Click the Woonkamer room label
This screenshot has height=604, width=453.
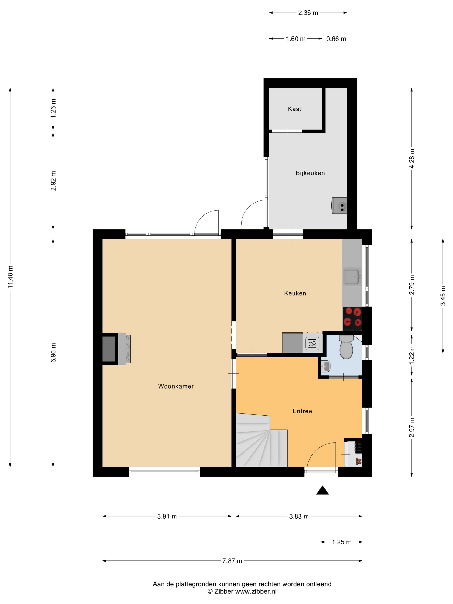coord(176,386)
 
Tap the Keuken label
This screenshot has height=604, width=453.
coord(295,293)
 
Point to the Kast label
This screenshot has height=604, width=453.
coord(294,109)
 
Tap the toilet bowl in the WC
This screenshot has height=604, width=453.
coord(346,347)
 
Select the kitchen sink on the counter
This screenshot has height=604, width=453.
coord(352,277)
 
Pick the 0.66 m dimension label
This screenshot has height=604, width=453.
coord(336,39)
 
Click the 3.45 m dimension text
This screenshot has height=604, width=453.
coord(443,296)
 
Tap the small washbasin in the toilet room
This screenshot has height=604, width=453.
coord(326,366)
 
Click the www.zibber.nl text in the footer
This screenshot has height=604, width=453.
coord(256,592)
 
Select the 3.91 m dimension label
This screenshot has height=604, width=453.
coord(167,516)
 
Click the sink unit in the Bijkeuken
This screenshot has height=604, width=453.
coord(339,205)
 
